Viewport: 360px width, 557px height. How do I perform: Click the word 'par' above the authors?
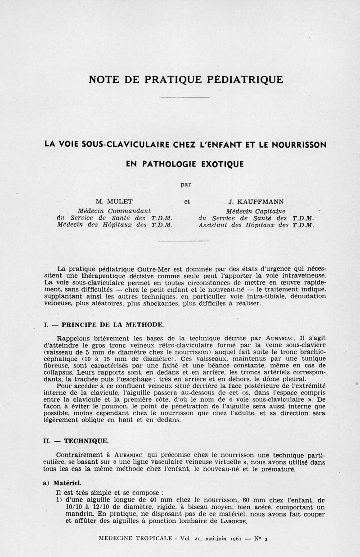pyautogui.click(x=185, y=184)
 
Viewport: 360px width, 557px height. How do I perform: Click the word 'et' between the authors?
pyautogui.click(x=187, y=202)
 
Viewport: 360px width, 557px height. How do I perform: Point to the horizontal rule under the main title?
pyautogui.click(x=184, y=97)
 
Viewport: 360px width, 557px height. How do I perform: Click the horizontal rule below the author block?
pyautogui.click(x=184, y=241)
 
